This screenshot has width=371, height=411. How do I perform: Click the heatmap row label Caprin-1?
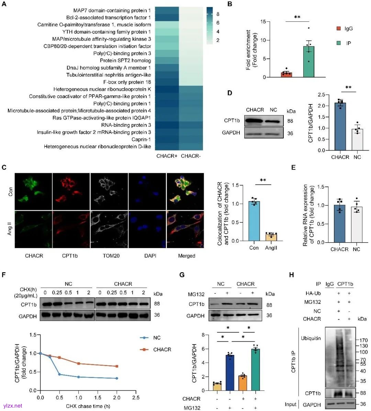point(141,140)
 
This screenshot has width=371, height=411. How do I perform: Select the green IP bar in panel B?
point(309,62)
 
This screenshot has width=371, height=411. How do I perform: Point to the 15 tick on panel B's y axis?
point(263,22)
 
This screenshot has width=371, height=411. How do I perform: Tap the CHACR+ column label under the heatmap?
point(167,156)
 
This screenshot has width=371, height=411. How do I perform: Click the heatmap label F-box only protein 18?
point(127,82)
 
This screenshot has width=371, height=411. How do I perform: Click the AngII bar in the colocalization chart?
point(271,237)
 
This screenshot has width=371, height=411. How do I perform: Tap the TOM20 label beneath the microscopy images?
point(111,256)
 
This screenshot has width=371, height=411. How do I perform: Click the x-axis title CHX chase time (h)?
point(88,406)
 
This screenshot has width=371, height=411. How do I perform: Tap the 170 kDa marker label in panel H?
point(363,340)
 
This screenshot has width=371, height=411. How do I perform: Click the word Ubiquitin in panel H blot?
point(311,338)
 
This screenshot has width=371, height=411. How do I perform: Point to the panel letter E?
point(293,168)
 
